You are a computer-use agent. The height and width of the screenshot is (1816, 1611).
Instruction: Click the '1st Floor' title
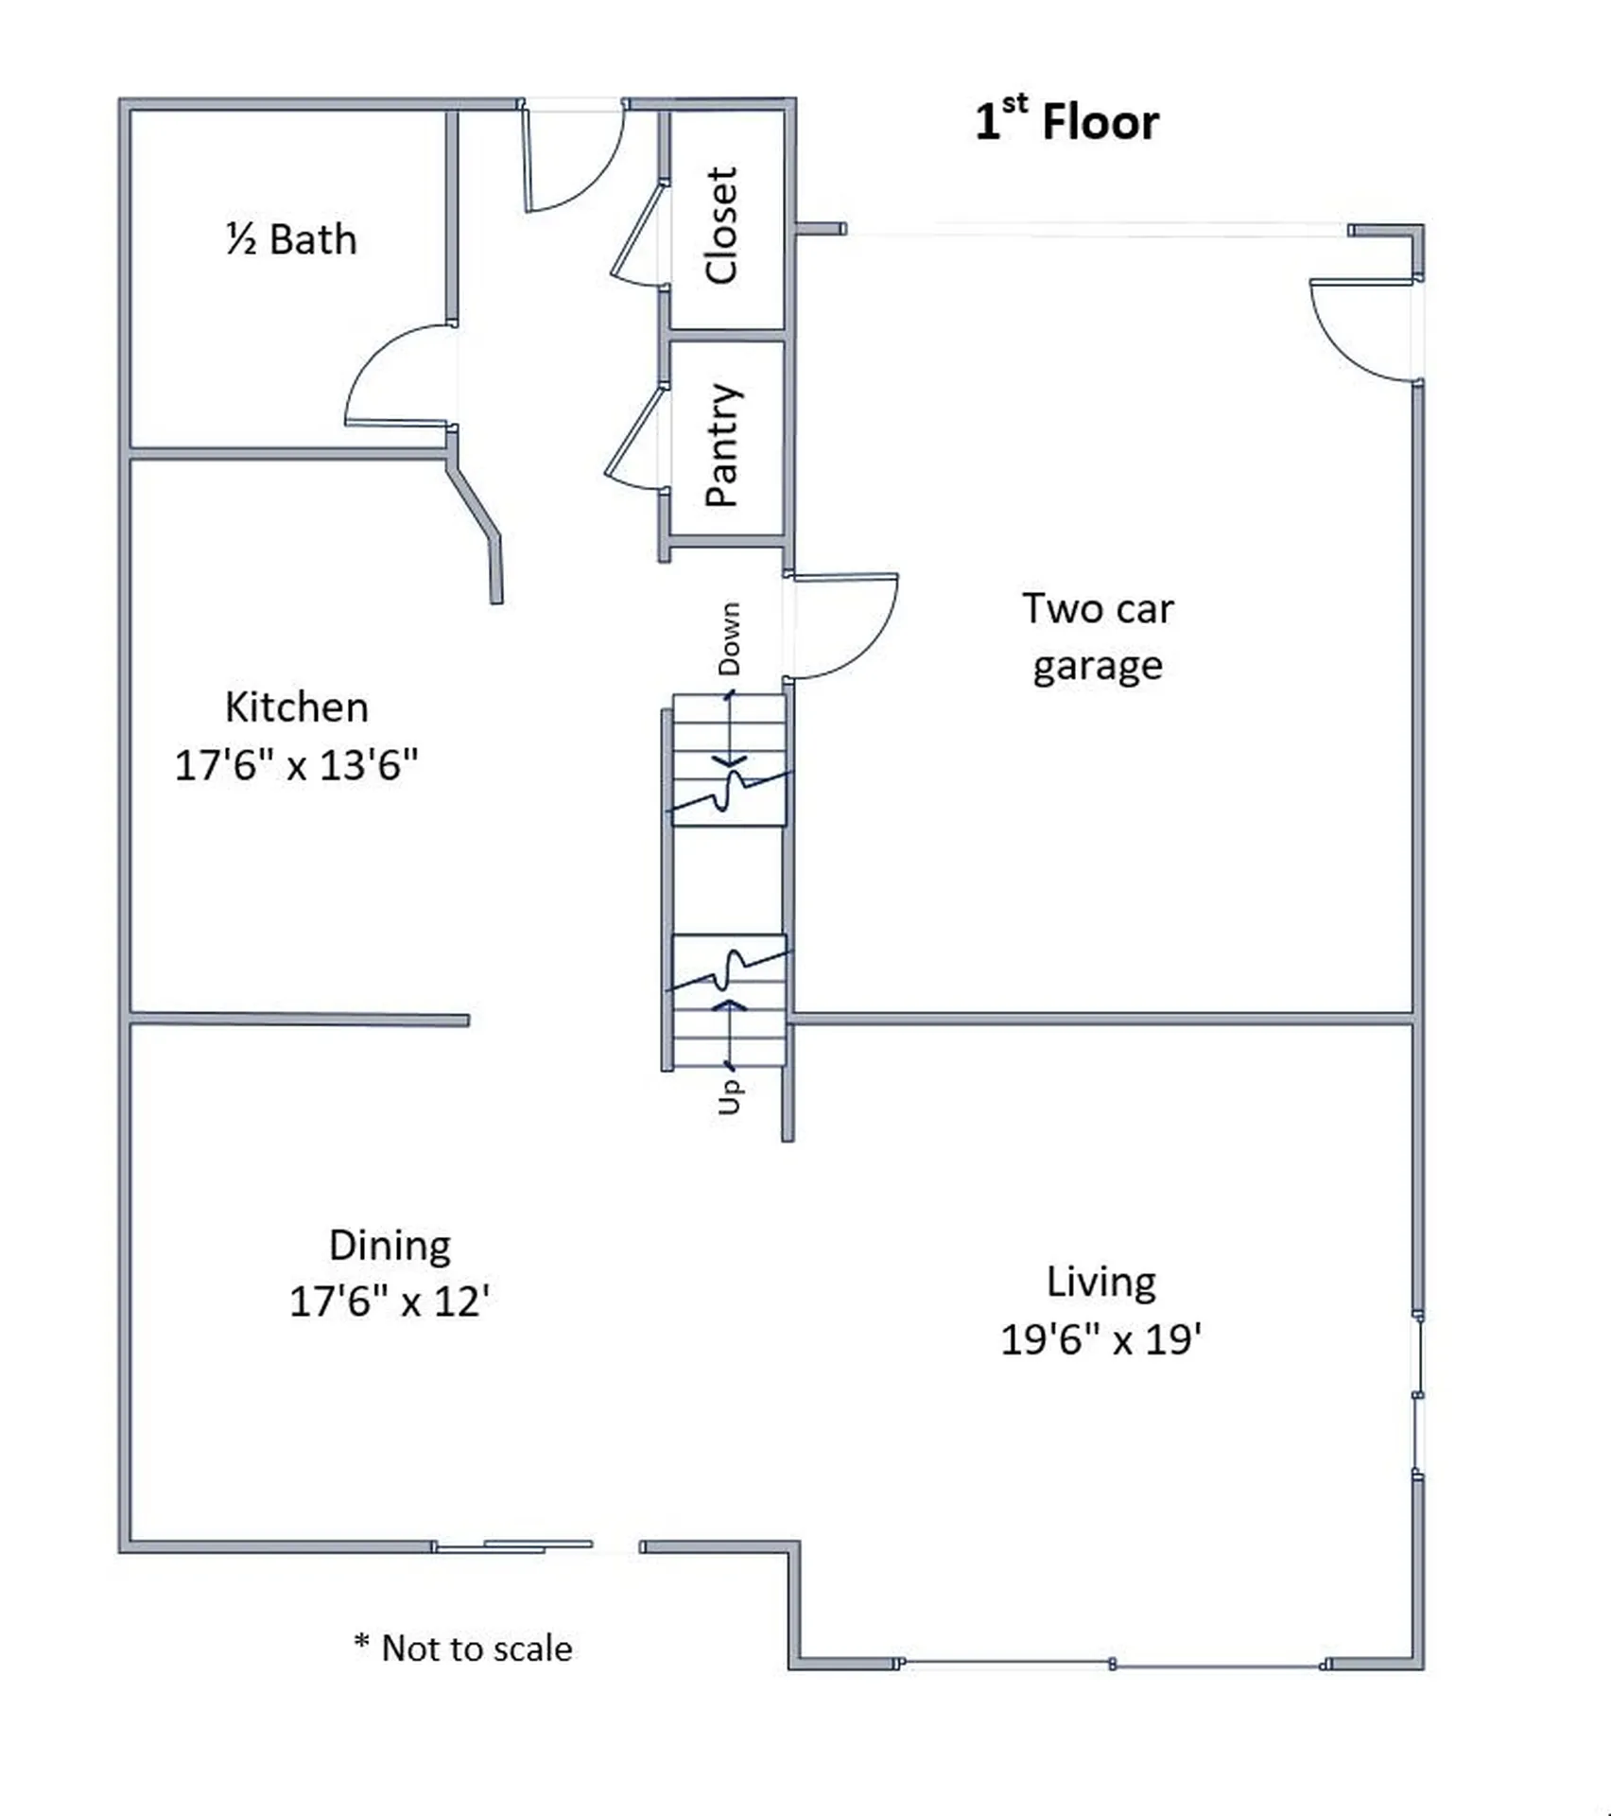[1066, 121]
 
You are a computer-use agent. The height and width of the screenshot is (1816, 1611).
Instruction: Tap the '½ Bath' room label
[291, 239]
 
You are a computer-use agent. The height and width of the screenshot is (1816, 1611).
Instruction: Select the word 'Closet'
[721, 225]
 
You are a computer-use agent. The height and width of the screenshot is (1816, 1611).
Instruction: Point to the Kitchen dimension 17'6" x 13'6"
[296, 765]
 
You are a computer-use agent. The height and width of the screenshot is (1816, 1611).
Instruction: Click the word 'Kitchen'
[296, 707]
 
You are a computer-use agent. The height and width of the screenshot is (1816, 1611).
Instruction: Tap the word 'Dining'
[390, 1246]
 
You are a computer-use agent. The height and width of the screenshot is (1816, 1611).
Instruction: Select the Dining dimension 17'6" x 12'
[390, 1302]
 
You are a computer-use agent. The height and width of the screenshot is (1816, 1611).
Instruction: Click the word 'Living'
[1100, 1283]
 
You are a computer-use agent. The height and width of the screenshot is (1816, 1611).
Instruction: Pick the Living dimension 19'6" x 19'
[1100, 1340]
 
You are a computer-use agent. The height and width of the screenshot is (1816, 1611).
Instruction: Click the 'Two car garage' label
[1097, 637]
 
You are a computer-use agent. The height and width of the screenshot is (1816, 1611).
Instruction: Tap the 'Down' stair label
[729, 638]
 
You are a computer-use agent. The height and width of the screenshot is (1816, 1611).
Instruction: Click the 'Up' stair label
[729, 1097]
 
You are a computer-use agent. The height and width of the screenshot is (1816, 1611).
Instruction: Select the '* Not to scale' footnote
[463, 1649]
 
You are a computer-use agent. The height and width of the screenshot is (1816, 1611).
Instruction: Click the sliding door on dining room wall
[515, 1546]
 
